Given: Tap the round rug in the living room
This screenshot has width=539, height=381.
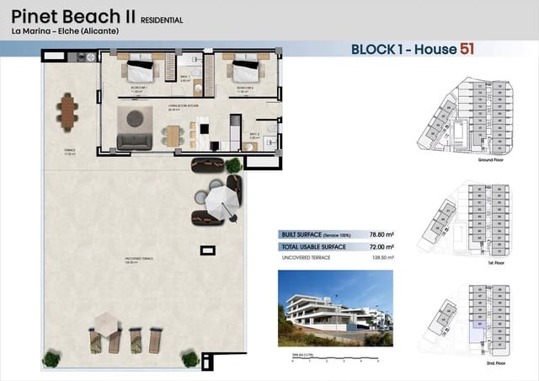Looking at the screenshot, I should click(x=132, y=117).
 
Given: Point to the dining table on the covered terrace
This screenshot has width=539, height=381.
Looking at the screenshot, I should click(x=67, y=109).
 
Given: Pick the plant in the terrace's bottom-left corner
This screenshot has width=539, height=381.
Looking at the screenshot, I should click(x=51, y=359).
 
